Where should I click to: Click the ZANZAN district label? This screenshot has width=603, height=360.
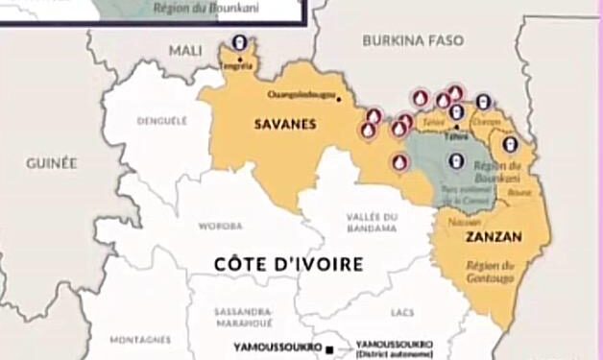(485, 236)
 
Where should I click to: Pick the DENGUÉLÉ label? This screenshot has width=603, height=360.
(161, 122)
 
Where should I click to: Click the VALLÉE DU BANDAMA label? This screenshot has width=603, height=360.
(372, 223)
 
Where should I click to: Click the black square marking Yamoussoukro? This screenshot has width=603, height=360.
(328, 348)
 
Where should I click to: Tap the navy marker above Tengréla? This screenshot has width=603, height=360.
(238, 44)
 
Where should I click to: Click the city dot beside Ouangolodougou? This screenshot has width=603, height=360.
(339, 98)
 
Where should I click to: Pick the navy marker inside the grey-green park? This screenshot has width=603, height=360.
(456, 160)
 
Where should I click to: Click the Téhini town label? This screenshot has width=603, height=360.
(456, 137)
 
